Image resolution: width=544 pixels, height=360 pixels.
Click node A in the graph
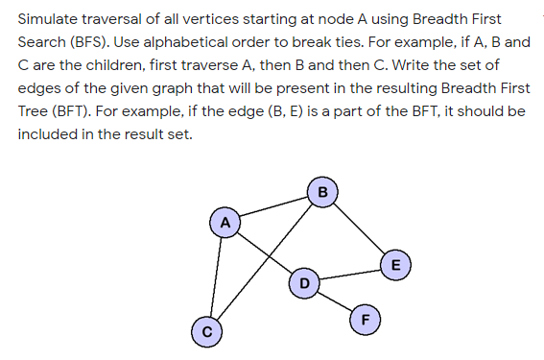pos(225,222)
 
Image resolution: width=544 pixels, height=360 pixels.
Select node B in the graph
pos(322,191)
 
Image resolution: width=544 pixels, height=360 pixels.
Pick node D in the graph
pos(304,281)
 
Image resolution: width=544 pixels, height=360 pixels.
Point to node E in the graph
pos(395,264)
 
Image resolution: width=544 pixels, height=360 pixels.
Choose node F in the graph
pos(365,319)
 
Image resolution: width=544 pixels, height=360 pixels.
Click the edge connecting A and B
pos(273,206)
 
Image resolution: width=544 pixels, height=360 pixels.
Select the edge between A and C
pos(215,276)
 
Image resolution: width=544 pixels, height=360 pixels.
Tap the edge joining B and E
pos(359,228)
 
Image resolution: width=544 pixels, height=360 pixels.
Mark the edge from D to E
pos(349,273)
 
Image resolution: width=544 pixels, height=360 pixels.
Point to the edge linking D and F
pos(334,300)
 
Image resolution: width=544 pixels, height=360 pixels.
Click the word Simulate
pos(52,19)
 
